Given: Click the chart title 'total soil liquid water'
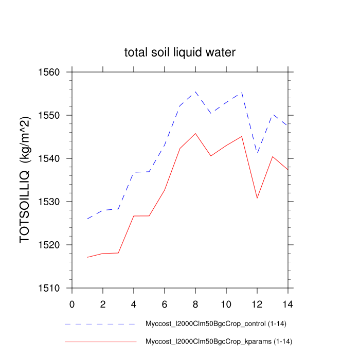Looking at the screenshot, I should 180,52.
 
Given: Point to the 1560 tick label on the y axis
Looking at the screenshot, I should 49,72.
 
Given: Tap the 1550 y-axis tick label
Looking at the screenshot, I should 49,115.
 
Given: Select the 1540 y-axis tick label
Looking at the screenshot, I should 49,158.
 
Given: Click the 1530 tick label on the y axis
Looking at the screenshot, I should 49,202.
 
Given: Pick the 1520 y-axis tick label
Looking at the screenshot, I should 49,245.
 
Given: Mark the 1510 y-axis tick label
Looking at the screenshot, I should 49,288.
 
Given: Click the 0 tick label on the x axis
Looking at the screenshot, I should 72,303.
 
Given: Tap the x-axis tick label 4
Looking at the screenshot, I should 134,303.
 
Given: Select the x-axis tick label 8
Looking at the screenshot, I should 195,303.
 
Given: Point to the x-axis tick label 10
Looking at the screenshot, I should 226,303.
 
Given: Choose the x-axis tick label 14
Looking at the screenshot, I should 288,303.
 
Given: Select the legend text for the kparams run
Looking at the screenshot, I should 219,341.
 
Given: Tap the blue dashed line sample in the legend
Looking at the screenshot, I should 100,324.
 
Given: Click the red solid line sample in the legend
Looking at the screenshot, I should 100,341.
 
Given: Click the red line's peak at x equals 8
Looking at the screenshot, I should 195,134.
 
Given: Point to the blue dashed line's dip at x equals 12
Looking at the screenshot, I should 257,153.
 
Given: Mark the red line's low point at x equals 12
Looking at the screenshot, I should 257,197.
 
